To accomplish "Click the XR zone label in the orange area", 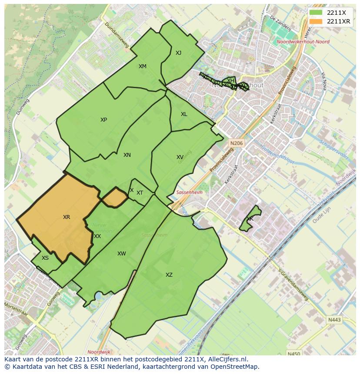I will pos(67,217).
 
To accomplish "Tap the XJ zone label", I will pos(178,53).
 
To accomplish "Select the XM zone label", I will pos(143,66).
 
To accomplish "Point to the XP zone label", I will pos(103,120).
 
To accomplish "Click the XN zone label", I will pos(127,155).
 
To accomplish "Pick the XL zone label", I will pos(184,114).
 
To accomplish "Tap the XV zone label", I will pos(180,157).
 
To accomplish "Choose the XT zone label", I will pos(140,193).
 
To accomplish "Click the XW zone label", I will pos(121,254).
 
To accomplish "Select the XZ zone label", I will pos(169,275).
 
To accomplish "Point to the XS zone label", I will pos(45,258).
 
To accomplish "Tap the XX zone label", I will pos(97,236).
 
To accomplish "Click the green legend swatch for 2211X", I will pos(316,13).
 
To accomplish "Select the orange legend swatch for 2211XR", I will pos(316,21).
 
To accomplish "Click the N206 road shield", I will pos(237,143).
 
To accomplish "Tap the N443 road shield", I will pos(334,320).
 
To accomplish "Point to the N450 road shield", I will pos(294,354).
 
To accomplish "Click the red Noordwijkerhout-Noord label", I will pos(303,42).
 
